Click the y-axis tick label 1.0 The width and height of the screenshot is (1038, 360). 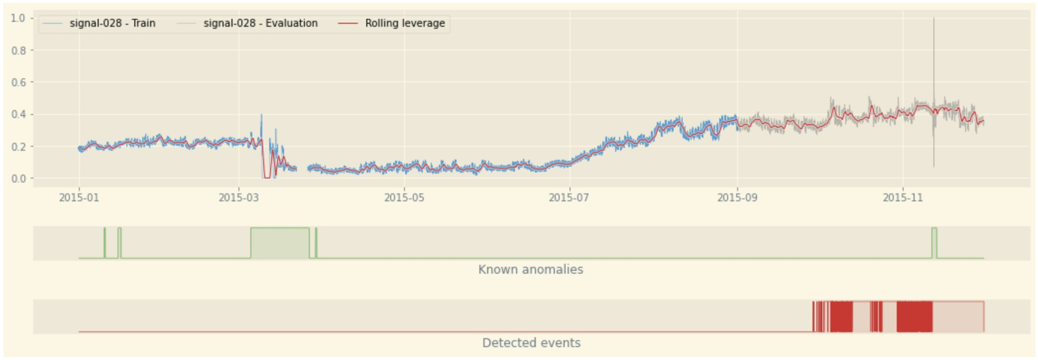[18, 18]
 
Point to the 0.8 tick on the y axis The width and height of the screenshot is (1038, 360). [18, 51]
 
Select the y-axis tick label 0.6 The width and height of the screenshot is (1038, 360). [18, 82]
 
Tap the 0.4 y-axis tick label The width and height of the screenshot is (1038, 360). [18, 115]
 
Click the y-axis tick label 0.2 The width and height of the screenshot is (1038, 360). [18, 147]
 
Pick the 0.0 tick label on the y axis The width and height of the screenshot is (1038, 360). [18, 179]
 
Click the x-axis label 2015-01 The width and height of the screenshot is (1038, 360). [79, 198]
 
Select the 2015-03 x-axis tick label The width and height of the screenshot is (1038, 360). [238, 198]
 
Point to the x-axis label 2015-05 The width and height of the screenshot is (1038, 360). [404, 198]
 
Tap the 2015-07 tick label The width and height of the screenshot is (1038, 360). [569, 198]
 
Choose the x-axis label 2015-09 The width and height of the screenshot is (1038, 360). [737, 198]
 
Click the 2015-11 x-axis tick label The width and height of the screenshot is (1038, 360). [903, 198]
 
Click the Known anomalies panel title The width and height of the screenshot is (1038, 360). [530, 270]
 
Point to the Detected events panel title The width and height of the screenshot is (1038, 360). [531, 343]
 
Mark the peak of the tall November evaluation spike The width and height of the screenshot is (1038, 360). [934, 19]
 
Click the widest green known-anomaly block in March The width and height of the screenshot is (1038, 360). [280, 243]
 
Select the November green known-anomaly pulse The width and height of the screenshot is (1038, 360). [934, 243]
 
